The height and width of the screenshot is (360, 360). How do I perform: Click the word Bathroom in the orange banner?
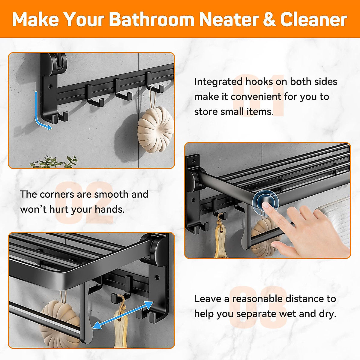[x=151, y=19]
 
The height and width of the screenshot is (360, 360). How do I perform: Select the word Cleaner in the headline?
[x=313, y=19]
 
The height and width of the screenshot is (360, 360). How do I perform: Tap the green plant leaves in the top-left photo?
[x=54, y=162]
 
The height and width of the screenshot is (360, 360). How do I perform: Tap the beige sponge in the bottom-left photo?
[x=60, y=322]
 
